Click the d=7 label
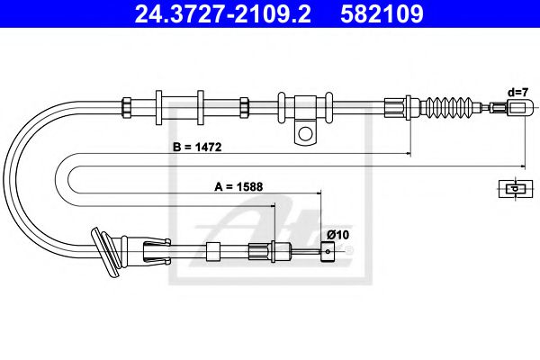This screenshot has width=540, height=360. pos(517,92)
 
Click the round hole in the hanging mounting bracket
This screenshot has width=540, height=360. pos(306,136)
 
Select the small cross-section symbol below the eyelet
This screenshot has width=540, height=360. pos(511,188)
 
